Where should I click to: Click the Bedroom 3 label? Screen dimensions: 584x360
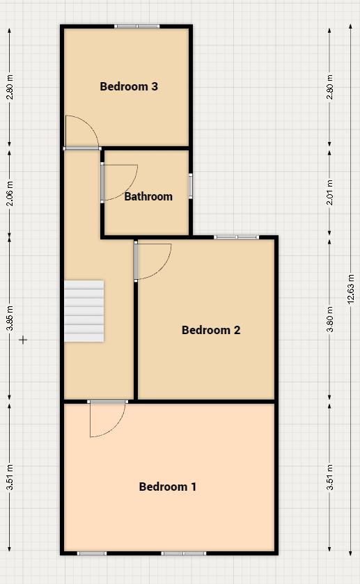(129, 86)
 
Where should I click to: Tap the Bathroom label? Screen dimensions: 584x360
(148, 196)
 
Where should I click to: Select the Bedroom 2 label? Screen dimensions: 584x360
(211, 330)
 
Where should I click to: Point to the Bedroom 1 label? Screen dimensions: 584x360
(168, 487)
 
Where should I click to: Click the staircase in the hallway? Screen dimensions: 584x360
(84, 311)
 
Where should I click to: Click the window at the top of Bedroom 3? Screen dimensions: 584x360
(137, 26)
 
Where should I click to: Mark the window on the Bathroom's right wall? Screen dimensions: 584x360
(190, 186)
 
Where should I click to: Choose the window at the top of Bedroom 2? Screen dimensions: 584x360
(236, 237)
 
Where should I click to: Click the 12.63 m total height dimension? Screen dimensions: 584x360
(350, 287)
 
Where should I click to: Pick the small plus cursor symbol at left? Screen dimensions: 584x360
(23, 340)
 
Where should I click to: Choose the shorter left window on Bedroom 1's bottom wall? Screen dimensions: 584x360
(92, 553)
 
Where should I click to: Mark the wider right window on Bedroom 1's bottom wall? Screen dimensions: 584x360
(184, 553)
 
